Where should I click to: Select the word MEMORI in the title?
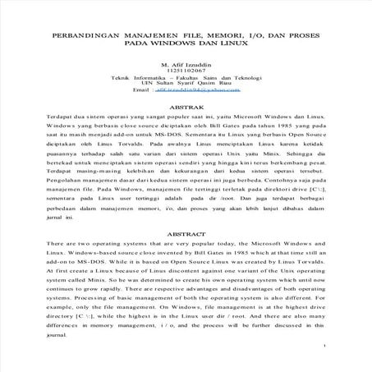213,39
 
